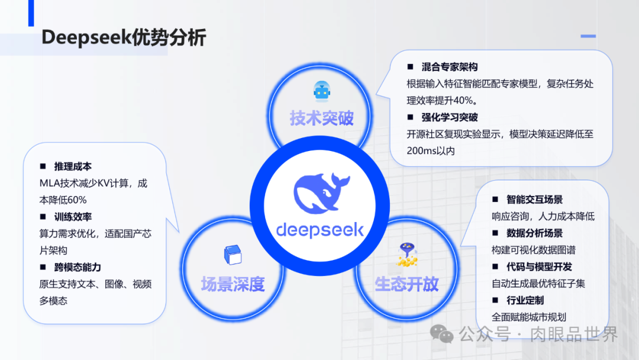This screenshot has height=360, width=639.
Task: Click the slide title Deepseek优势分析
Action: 124,37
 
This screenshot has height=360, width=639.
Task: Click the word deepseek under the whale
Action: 320,229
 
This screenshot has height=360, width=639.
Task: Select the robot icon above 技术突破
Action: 321,91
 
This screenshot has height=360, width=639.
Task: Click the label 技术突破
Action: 321,118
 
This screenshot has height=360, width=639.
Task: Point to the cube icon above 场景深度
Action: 231,255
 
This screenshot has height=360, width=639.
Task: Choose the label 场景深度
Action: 232,284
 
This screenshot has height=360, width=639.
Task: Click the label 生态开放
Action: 406,284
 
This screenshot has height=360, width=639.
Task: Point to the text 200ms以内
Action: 431,150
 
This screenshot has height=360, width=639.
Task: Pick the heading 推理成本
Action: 73,166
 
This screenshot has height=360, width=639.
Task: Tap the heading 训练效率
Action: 73,217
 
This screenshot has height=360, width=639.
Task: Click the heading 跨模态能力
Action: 78,267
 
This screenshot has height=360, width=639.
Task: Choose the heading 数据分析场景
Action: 534,233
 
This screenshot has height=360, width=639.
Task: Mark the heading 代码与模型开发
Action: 539,266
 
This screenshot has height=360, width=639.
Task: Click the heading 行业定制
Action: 525,300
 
